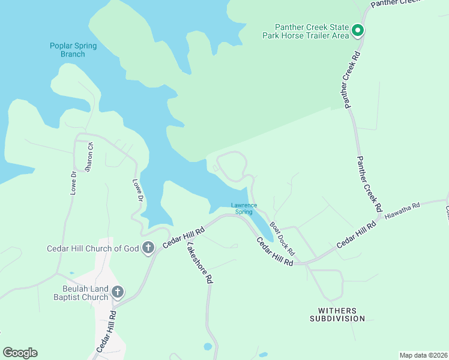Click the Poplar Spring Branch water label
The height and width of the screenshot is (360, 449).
(73, 50)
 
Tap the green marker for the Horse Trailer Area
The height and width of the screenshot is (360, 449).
(358, 30)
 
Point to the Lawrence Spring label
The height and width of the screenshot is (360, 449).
(244, 209)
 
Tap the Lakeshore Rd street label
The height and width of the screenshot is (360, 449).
(199, 263)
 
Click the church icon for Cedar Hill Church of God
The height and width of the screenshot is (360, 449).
(148, 248)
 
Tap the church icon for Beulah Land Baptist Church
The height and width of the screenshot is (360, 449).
(118, 292)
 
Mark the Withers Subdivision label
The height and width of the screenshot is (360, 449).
(337, 314)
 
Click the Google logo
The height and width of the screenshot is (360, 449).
(20, 352)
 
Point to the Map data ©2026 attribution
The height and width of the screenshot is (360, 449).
(423, 355)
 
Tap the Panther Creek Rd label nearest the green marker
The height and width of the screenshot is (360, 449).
(352, 80)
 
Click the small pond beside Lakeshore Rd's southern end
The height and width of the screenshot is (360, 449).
(207, 346)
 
